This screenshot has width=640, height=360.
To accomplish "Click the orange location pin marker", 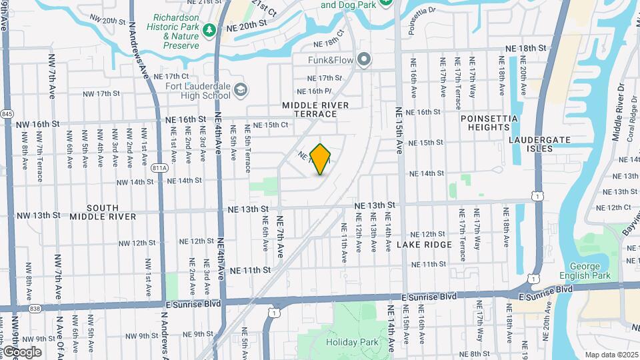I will (x=321, y=159).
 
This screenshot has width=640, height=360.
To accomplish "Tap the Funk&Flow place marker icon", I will (x=364, y=60).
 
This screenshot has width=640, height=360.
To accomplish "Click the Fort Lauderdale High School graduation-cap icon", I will (x=239, y=90).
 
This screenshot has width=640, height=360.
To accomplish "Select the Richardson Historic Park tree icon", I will (x=209, y=29).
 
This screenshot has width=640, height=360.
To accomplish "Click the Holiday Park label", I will (x=352, y=342).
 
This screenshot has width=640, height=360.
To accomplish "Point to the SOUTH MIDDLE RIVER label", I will (x=103, y=212).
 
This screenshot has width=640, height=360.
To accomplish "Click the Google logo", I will (x=21, y=351).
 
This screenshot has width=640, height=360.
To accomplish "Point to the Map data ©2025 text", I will (x=611, y=354).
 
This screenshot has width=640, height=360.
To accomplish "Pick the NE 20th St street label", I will (x=247, y=23).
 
